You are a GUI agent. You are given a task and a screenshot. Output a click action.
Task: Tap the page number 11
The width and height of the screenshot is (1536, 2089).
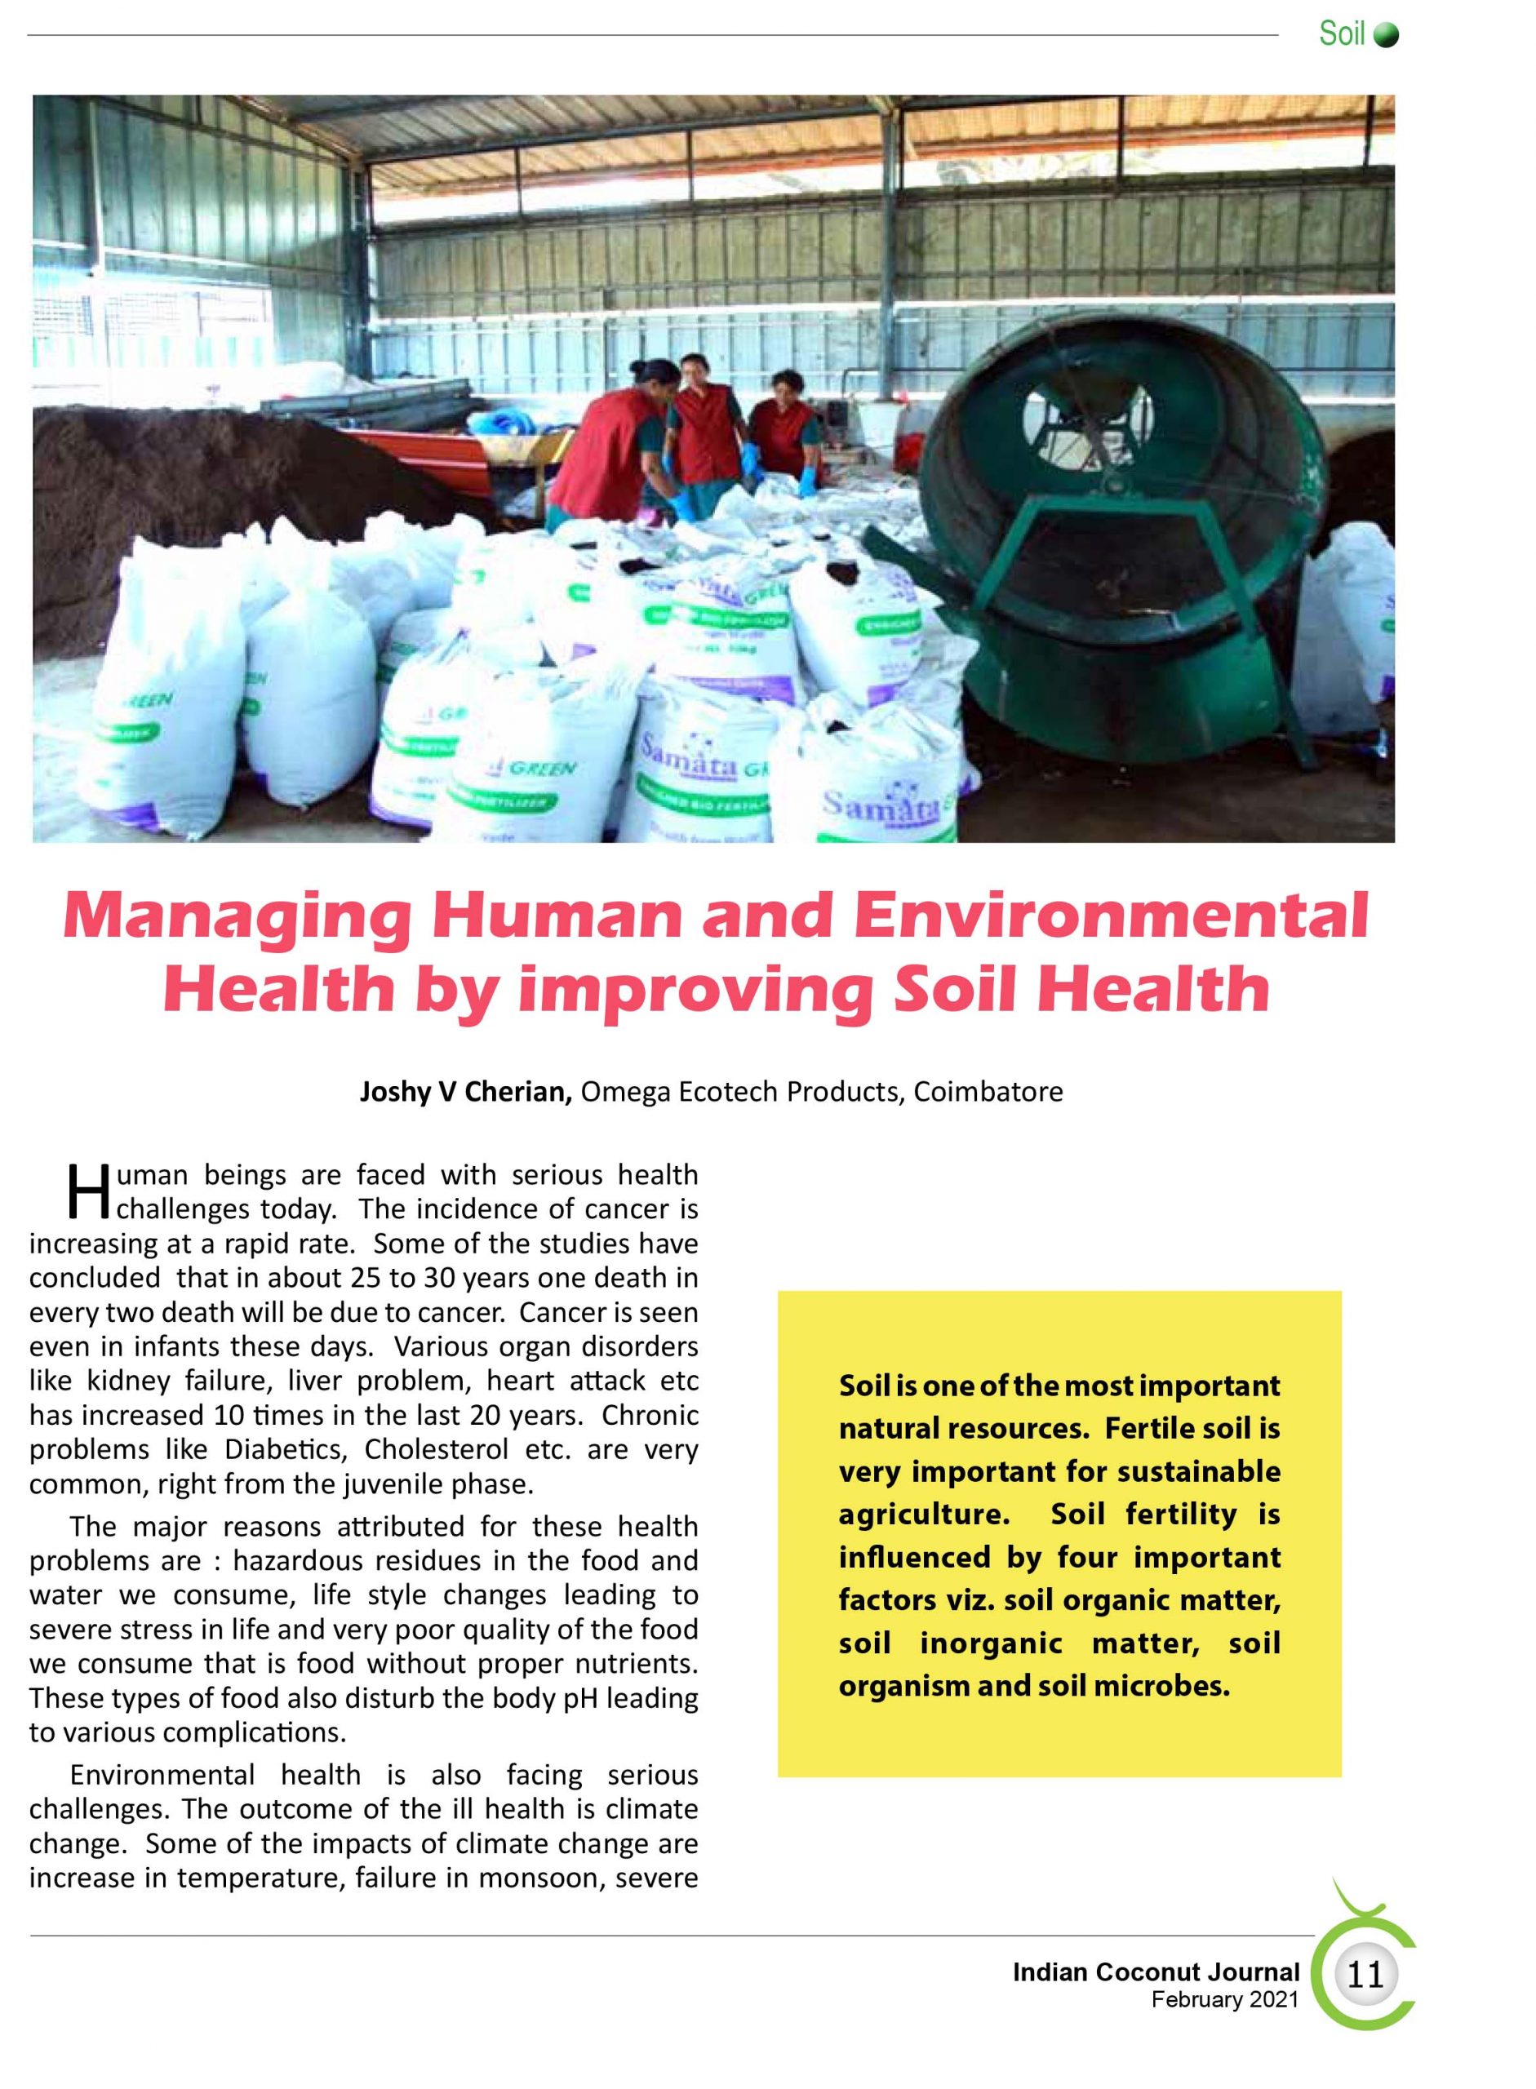[1365, 1974]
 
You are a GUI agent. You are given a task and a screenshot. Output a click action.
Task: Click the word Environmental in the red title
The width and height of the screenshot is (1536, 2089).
[1110, 916]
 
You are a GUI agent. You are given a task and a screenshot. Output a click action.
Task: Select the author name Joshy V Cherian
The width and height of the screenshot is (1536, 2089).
[465, 1092]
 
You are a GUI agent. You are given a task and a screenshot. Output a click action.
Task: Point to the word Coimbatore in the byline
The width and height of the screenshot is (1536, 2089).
[988, 1092]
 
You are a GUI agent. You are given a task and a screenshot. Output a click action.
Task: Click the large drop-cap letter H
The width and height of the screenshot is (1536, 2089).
[89, 1193]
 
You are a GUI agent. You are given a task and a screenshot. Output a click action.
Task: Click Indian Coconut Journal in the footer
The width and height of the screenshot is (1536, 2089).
[1156, 1971]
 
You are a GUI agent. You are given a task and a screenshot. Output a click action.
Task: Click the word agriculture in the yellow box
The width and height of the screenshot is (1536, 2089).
[922, 1515]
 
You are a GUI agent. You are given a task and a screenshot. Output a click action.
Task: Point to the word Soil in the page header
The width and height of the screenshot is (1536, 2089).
[1341, 34]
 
